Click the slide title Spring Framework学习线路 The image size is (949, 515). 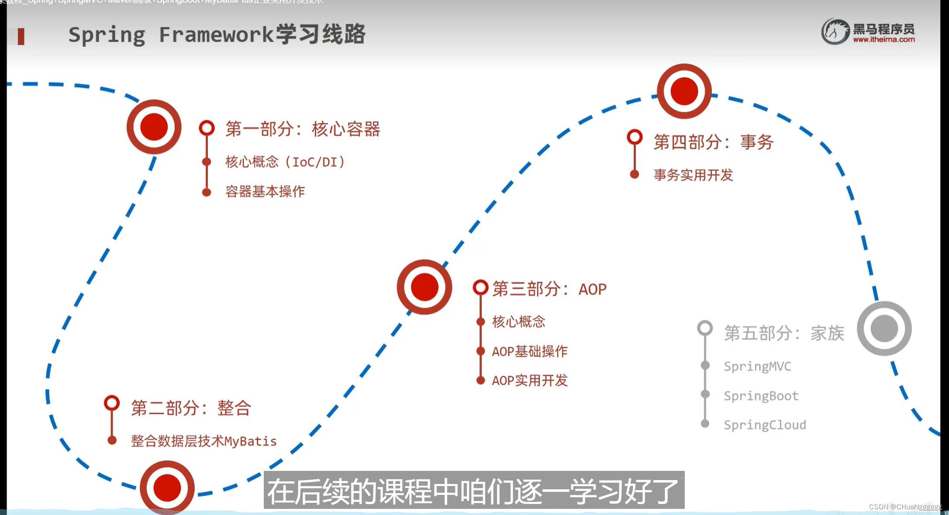click(x=217, y=35)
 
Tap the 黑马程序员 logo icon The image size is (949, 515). click(x=835, y=31)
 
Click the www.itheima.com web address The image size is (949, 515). click(x=883, y=40)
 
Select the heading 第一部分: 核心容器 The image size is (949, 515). click(x=302, y=129)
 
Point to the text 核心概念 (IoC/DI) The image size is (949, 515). click(x=285, y=162)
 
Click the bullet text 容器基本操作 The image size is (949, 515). click(x=265, y=191)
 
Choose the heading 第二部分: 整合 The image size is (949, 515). click(x=191, y=408)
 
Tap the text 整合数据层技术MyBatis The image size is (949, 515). click(x=204, y=441)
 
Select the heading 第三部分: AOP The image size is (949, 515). click(x=549, y=289)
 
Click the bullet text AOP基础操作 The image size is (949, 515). click(x=529, y=351)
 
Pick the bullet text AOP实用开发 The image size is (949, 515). click(x=529, y=380)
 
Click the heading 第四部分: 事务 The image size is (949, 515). click(x=713, y=142)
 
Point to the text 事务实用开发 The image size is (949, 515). click(x=693, y=175)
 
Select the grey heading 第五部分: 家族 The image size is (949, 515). click(x=784, y=333)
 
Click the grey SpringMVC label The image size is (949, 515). click(x=757, y=366)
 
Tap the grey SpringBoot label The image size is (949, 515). click(x=761, y=396)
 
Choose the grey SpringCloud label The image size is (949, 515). click(x=765, y=425)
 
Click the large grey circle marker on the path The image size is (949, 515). click(x=884, y=328)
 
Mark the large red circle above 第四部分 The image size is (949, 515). click(x=684, y=91)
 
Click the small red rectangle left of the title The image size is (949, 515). click(x=21, y=36)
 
